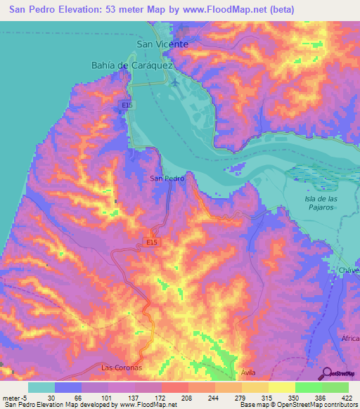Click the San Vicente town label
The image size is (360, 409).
162,44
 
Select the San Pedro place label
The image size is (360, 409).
167,178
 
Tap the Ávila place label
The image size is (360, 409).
246,372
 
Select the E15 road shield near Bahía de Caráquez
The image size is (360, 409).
126,105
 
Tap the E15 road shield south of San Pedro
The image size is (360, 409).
153,240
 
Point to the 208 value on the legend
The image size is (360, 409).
175,398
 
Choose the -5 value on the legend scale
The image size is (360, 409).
25,398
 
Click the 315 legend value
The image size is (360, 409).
255,398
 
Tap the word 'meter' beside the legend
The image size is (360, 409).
11,398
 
